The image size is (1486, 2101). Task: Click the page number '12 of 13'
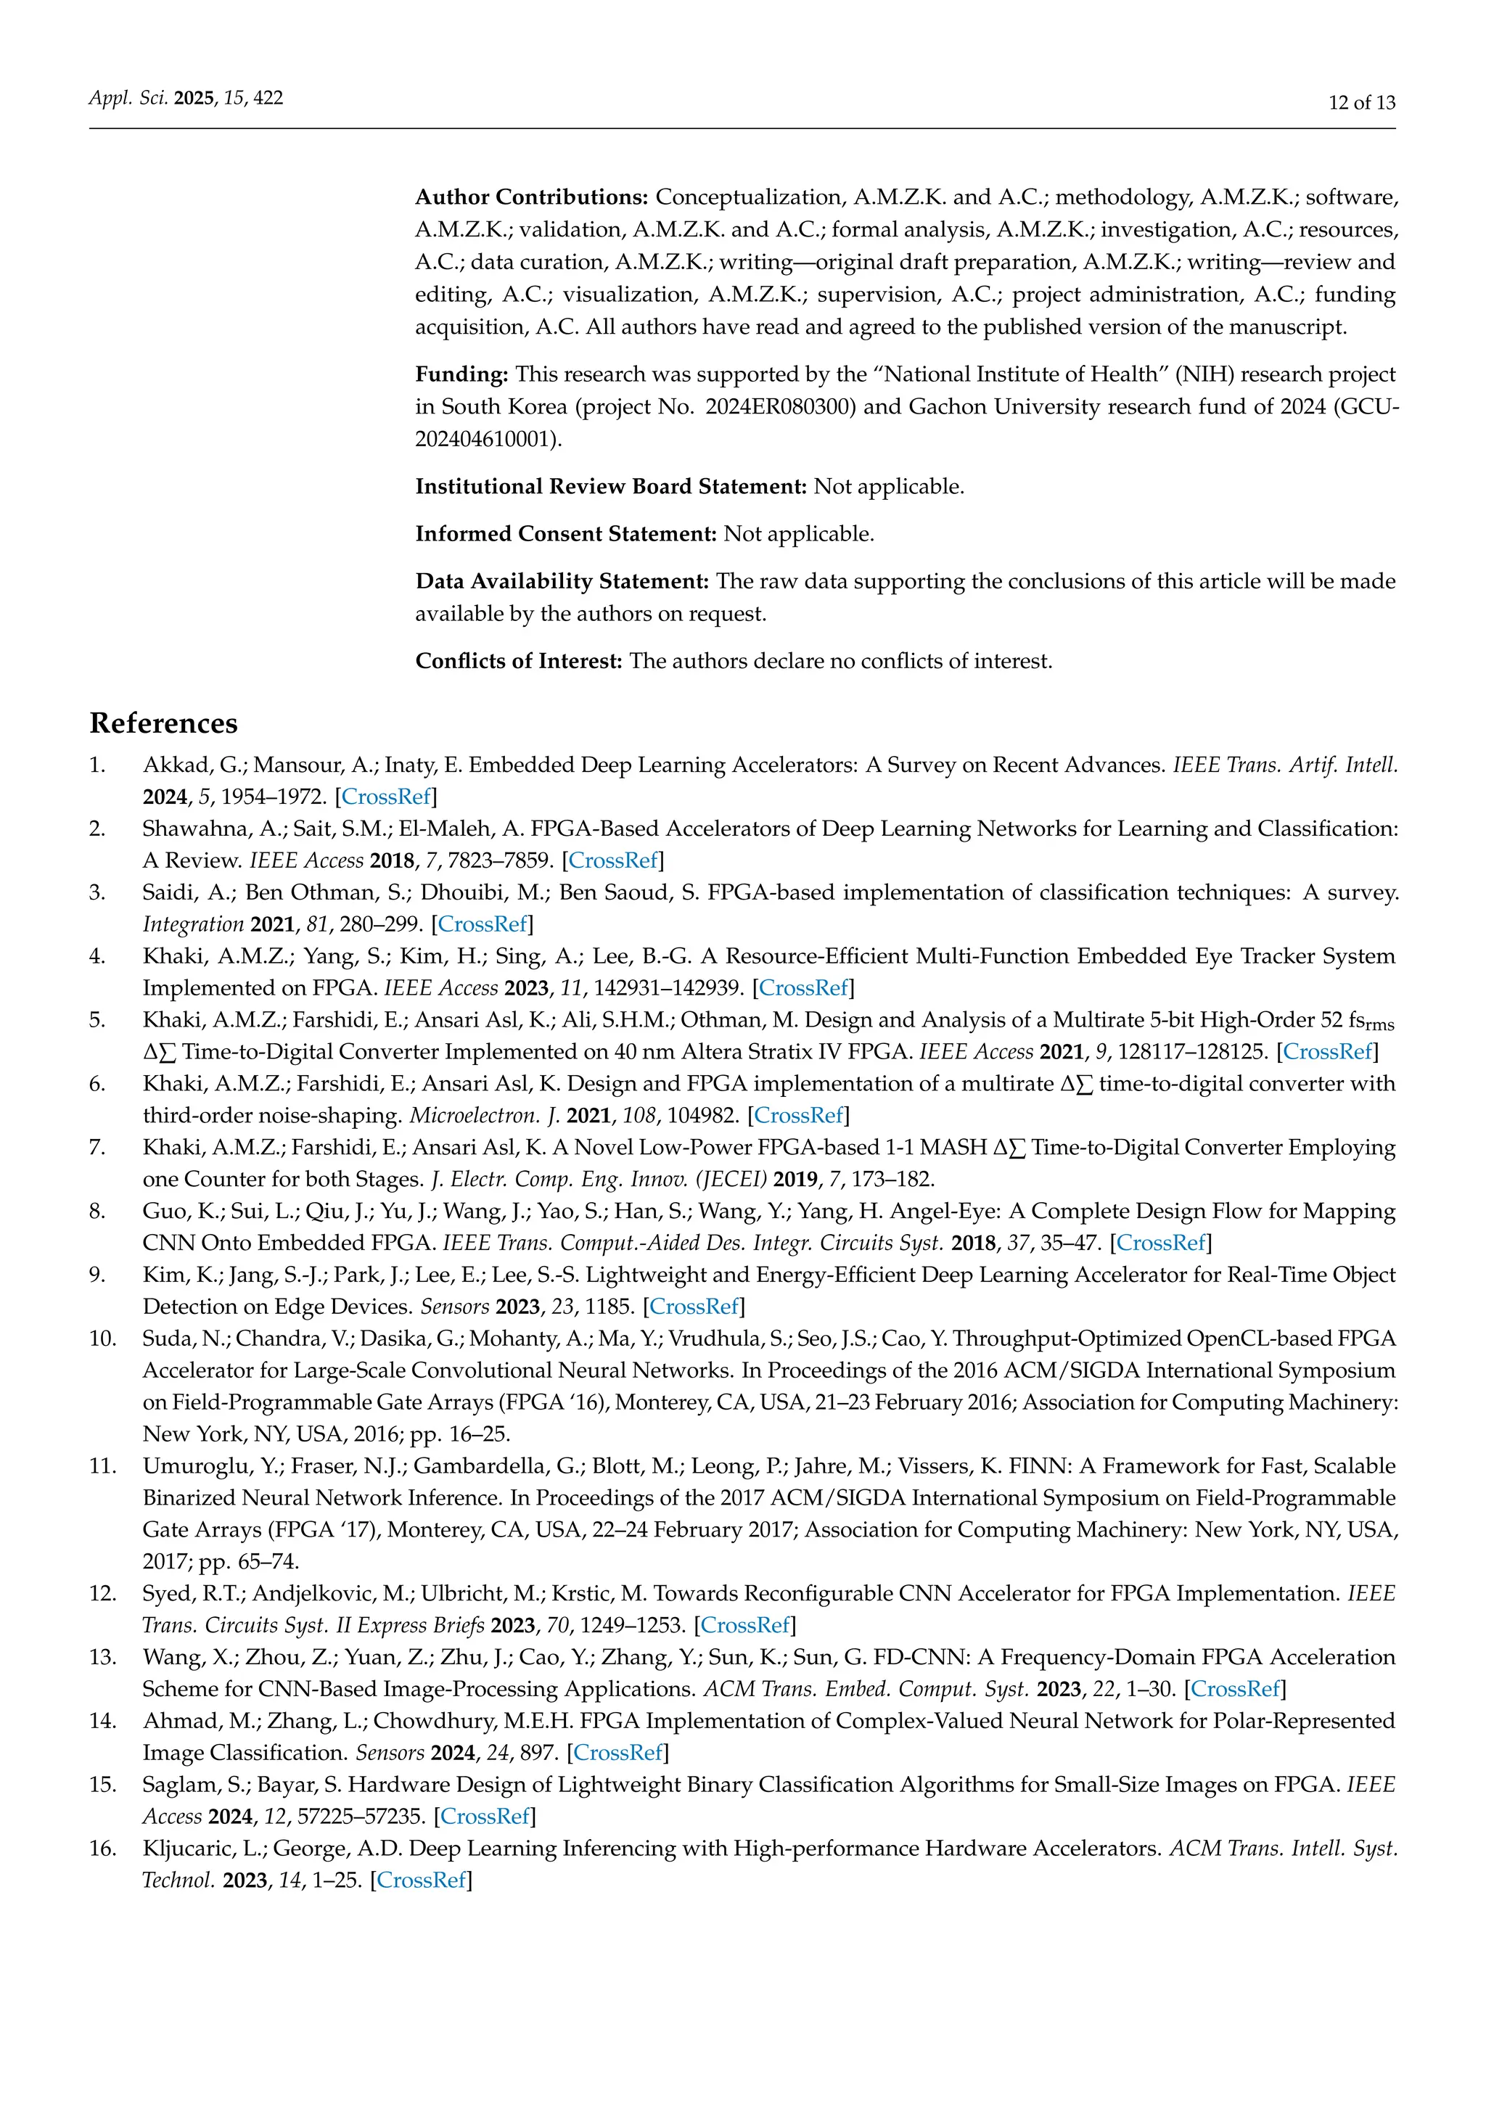(1361, 102)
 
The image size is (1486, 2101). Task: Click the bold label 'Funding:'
(461, 374)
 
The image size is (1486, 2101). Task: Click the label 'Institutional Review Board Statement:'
(610, 487)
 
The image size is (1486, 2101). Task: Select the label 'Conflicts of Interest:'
(518, 662)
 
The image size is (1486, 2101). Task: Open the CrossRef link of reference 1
(386, 797)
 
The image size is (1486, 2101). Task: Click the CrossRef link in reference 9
(694, 1307)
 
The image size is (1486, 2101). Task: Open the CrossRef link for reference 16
(421, 1880)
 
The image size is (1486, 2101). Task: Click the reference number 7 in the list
(97, 1148)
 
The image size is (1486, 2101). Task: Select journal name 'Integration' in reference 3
(193, 924)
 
